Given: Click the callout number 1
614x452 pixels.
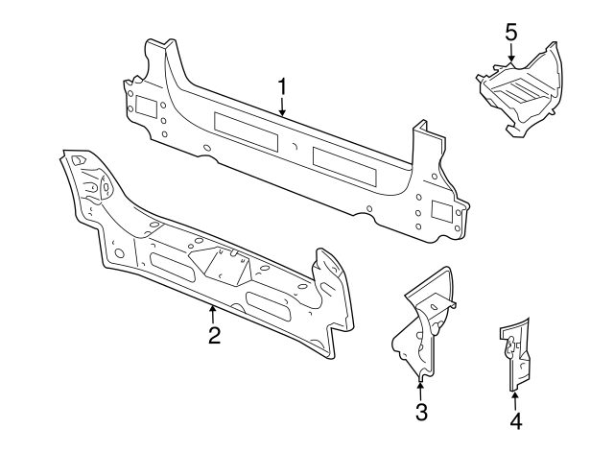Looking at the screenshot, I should [283, 87].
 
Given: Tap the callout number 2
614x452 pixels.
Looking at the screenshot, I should [214, 335].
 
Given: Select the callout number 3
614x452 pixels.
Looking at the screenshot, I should [420, 413].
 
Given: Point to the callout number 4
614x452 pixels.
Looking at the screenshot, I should [515, 419].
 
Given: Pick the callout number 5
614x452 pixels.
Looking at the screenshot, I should [510, 32].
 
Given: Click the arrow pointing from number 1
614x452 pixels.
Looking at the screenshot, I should [283, 108].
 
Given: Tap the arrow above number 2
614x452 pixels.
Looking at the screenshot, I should [213, 311].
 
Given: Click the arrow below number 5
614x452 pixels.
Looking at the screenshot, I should [510, 56].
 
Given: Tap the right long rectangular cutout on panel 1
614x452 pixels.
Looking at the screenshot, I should [346, 162].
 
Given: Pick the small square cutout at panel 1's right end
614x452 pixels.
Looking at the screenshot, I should [441, 209].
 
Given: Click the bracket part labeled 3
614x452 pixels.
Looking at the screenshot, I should [425, 321].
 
